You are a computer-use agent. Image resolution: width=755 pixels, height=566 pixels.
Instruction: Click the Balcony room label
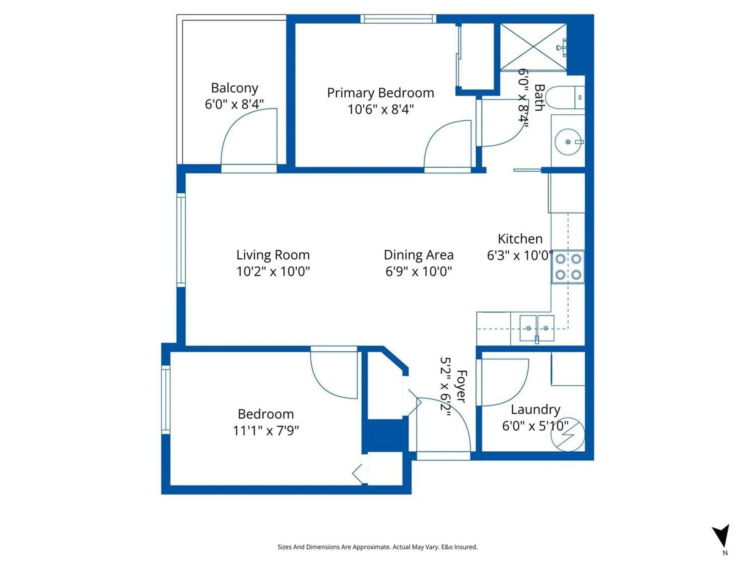pyautogui.click(x=235, y=88)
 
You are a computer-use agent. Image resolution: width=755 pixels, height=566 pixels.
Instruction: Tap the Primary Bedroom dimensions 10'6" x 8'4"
pyautogui.click(x=381, y=109)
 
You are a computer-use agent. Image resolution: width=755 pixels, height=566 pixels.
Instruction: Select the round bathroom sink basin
pyautogui.click(x=568, y=141)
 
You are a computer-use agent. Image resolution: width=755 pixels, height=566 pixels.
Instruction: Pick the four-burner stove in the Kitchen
pyautogui.click(x=568, y=267)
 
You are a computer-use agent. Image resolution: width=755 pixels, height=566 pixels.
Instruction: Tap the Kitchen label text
pyautogui.click(x=520, y=239)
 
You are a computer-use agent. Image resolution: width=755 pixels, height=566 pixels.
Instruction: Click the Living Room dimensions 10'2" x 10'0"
pyautogui.click(x=273, y=272)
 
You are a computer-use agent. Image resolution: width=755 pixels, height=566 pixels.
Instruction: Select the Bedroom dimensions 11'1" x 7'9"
pyautogui.click(x=266, y=431)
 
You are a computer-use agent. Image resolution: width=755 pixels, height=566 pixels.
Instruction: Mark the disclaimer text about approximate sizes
pyautogui.click(x=377, y=547)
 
